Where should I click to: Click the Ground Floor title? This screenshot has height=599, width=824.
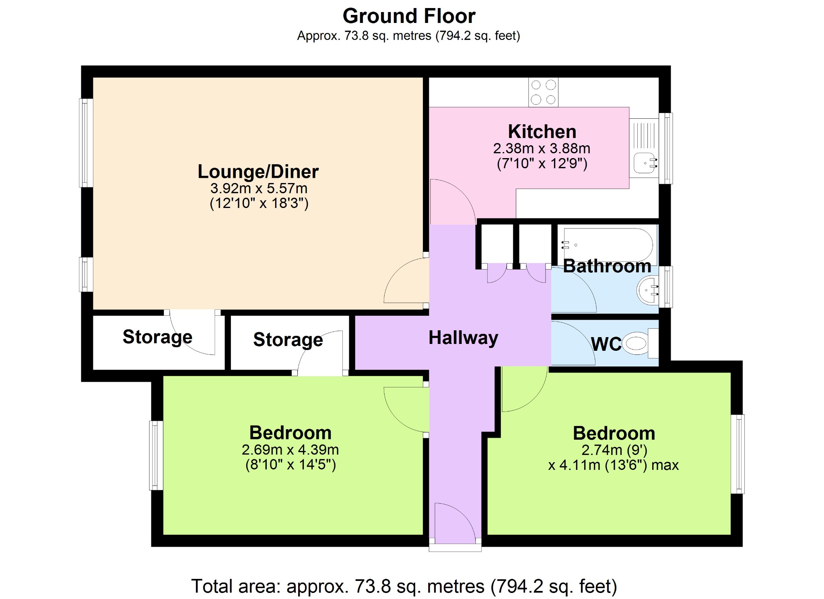pyautogui.click(x=409, y=16)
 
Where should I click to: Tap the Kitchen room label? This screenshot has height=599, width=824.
pyautogui.click(x=542, y=132)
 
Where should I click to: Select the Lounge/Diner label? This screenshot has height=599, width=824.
pyautogui.click(x=258, y=172)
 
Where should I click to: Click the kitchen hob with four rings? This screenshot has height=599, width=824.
pyautogui.click(x=543, y=92)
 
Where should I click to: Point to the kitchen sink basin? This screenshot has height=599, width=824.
pyautogui.click(x=644, y=163)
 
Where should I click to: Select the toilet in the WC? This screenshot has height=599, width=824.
pyautogui.click(x=640, y=343)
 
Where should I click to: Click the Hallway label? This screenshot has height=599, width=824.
pyautogui.click(x=463, y=338)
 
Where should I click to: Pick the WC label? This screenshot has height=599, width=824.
pyautogui.click(x=606, y=344)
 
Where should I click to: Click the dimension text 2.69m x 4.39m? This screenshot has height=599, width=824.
pyautogui.click(x=290, y=450)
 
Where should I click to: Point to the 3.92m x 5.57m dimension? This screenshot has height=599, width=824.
pyautogui.click(x=259, y=188)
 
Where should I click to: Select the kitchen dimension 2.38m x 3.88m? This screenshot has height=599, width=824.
pyautogui.click(x=542, y=148)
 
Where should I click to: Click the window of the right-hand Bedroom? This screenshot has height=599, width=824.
pyautogui.click(x=737, y=454)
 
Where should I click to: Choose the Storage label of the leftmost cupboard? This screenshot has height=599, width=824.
pyautogui.click(x=157, y=337)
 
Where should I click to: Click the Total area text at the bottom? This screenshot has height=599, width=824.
pyautogui.click(x=404, y=586)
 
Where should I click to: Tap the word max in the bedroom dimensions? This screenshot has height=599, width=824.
pyautogui.click(x=665, y=465)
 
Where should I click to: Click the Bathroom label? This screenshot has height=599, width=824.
pyautogui.click(x=607, y=266)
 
